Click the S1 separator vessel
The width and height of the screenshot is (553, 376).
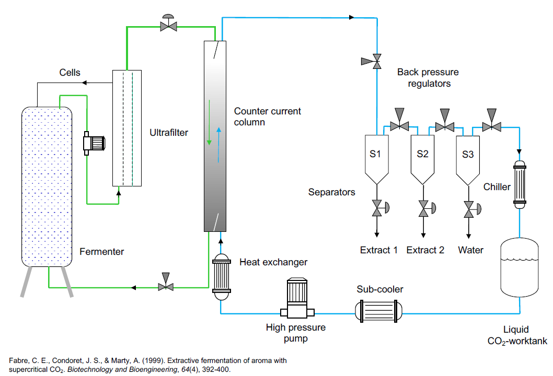[377, 159]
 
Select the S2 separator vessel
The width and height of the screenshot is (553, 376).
[422, 159]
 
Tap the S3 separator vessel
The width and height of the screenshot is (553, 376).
[468, 160]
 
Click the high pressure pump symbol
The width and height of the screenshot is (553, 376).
[297, 298]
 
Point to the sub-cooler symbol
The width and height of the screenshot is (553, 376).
[378, 311]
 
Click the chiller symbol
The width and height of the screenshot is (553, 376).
[520, 184]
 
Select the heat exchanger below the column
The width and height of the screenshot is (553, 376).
[222, 277]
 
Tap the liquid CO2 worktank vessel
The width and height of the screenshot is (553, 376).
[520, 267]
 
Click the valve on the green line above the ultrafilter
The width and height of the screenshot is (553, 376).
[169, 23]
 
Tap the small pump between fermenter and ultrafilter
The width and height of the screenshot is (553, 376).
[94, 143]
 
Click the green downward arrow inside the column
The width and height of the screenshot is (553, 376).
[209, 122]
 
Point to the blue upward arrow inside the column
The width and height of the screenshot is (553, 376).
[218, 145]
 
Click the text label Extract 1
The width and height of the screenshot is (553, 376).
[379, 250]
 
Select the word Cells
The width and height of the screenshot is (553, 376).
[70, 72]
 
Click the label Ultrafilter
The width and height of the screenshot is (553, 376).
[169, 133]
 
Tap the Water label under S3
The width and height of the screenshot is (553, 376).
[470, 250]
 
